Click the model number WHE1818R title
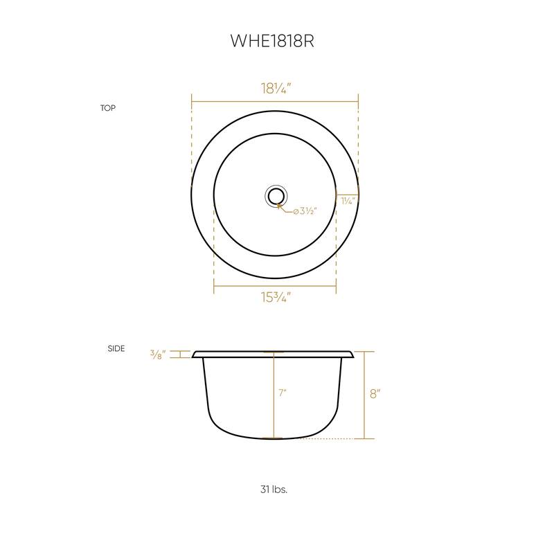pos(272,41)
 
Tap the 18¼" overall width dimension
pos(276,88)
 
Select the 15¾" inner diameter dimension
pos(276,298)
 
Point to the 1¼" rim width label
pos(348,201)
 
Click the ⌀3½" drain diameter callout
pos(304,211)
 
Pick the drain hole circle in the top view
pos(275,196)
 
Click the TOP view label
pos(107,108)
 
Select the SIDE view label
pos(116,348)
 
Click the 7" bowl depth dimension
pos(283,393)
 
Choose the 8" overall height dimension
pos(375,393)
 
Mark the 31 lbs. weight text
pos(274,489)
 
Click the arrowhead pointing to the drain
pos(279,204)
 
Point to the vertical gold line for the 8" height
pos(364,395)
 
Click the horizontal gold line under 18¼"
pos(275,102)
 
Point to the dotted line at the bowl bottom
pos(332,438)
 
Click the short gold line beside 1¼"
pos(347,193)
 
